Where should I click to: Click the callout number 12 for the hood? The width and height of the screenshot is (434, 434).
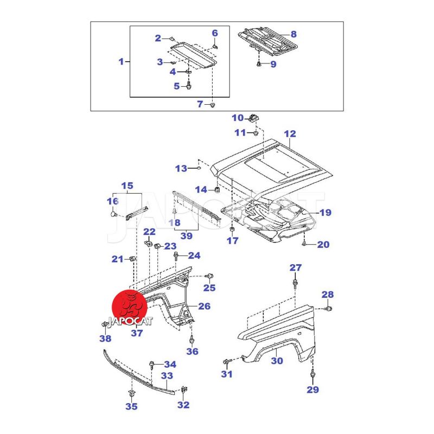[290, 133]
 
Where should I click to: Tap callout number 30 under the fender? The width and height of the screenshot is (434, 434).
[277, 361]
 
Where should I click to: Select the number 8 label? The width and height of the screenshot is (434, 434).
[293, 34]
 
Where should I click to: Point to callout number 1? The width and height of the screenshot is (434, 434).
[121, 61]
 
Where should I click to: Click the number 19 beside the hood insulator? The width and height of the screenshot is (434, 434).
[325, 213]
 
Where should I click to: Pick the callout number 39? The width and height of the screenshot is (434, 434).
[186, 235]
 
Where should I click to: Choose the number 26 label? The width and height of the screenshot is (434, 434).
[204, 306]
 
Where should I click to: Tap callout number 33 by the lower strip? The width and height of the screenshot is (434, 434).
[167, 375]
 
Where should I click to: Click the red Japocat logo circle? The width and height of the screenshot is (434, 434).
[129, 308]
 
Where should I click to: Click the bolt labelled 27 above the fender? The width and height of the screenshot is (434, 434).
[295, 283]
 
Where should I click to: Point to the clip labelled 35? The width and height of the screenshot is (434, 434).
[132, 392]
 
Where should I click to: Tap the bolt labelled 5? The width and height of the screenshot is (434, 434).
[189, 86]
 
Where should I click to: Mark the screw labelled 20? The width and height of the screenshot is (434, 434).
[305, 244]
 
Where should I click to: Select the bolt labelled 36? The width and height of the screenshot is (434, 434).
[192, 340]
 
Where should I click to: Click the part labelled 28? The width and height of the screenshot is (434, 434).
[329, 309]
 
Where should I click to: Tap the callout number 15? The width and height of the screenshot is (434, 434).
[127, 186]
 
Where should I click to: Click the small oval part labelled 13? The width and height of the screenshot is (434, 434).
[199, 168]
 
